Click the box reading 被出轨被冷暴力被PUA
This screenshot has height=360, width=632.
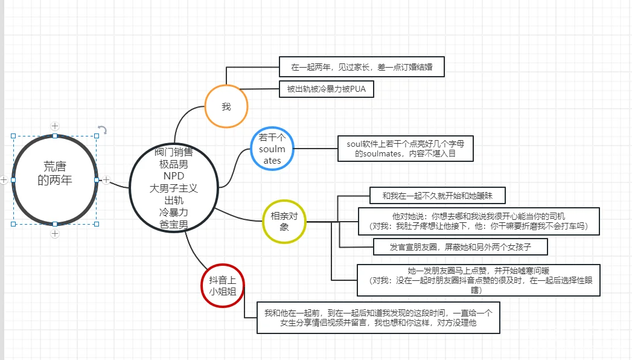pos(327,89)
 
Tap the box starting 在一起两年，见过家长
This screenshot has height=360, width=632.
pos(362,67)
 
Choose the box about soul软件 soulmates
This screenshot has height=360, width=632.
pos(406,149)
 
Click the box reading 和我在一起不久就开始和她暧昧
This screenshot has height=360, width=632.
pos(437,196)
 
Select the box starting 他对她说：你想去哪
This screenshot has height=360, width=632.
pos(479,221)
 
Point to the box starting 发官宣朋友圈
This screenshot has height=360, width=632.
pos(461,246)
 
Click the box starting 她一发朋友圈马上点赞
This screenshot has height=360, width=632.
pos(479,280)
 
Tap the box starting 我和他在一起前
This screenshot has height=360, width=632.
pos(378,318)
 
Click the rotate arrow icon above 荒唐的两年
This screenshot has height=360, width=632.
pos(103,129)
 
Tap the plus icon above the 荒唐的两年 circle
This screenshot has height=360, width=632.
pos(55,126)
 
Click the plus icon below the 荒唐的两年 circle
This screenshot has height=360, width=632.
pos(55,234)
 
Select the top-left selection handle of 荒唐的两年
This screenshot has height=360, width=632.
pos(13,137)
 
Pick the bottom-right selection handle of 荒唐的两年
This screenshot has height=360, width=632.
pos(97,224)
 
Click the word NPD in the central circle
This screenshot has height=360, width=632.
pos(174,176)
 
